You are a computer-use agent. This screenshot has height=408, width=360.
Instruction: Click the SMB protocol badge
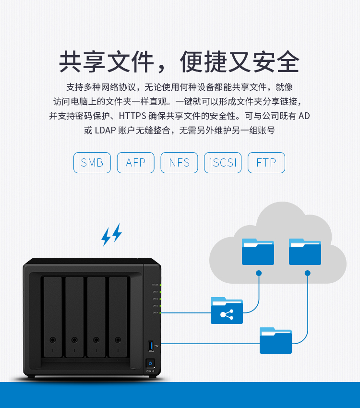point(92,163)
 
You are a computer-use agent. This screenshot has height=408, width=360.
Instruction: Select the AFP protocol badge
point(135,163)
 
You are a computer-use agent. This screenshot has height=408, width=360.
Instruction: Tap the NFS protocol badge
point(179,163)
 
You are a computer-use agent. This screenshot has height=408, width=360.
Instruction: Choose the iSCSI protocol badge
point(223,163)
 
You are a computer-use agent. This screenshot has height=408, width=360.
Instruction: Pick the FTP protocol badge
point(266,163)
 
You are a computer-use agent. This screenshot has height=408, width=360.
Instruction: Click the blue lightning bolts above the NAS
point(111,235)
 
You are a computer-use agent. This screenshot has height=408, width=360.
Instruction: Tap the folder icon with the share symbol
point(227,311)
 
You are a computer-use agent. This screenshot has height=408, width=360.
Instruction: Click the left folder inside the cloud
point(258,252)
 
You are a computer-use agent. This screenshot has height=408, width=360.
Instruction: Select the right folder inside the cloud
point(305,252)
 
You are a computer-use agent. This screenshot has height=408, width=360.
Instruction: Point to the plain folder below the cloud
point(276,340)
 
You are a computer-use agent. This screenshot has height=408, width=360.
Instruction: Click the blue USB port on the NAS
point(152,345)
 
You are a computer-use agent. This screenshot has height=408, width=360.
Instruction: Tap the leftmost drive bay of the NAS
point(53,317)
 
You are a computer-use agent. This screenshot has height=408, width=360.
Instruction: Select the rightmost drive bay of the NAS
point(118,317)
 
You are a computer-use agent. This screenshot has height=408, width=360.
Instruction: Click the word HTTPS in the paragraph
point(132,116)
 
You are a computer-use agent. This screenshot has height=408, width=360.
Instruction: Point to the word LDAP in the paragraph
point(105,130)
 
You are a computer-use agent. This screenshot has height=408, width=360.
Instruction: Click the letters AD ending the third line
point(305,116)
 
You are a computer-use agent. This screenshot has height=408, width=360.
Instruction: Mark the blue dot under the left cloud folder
point(259,273)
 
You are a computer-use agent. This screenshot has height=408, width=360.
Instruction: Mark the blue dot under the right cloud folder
point(307,273)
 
